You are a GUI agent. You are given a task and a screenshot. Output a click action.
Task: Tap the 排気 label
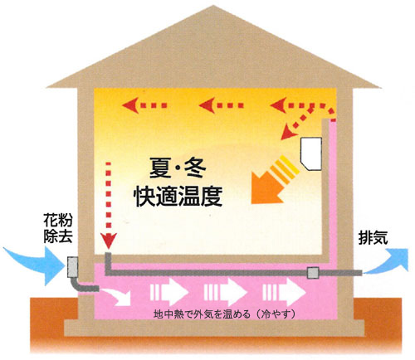click(373, 237)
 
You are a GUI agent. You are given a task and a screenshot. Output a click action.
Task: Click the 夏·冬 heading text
click(178, 168)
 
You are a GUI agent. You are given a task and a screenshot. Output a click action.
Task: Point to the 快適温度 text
click(178, 196)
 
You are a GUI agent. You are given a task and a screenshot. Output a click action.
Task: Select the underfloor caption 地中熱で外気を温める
click(203, 314)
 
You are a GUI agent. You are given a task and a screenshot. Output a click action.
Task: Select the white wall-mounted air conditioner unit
click(311, 153)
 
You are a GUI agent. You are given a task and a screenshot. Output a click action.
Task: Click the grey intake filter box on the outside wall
click(73, 267)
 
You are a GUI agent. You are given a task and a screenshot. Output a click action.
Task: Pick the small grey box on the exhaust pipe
click(313, 273)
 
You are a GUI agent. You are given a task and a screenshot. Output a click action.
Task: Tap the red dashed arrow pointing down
click(109, 205)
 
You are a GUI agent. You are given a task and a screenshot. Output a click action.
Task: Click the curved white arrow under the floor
click(115, 296)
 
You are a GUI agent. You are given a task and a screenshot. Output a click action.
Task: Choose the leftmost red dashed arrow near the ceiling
click(144, 105)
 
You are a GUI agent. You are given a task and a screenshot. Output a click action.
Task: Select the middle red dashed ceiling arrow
click(221, 105)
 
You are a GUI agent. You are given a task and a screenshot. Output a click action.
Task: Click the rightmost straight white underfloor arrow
click(284, 292)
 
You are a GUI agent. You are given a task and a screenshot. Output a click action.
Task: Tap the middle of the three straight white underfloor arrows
click(226, 292)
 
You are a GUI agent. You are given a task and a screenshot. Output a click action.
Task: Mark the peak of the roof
click(213, 6)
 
